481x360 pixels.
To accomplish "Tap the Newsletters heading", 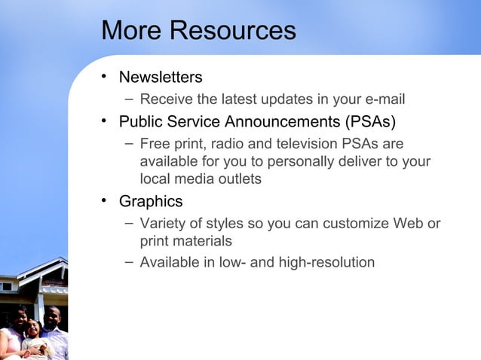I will click(x=161, y=78).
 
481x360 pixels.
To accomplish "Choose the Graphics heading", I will click(x=151, y=202).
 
